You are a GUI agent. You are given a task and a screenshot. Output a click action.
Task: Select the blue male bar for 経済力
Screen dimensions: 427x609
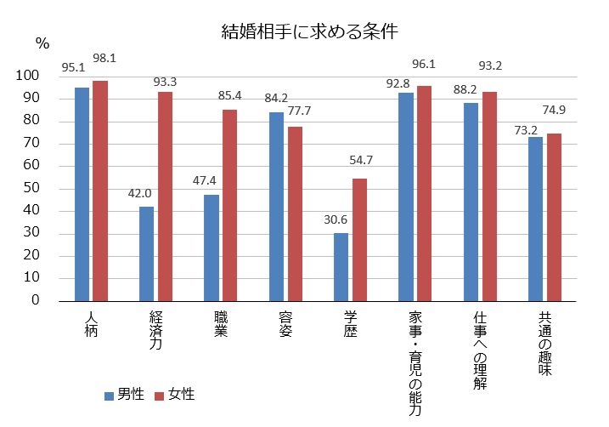[x=145, y=253]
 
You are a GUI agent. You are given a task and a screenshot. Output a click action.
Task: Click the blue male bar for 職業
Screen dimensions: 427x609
[x=211, y=248]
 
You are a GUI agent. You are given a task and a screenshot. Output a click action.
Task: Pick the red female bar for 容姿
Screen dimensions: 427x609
[x=294, y=213]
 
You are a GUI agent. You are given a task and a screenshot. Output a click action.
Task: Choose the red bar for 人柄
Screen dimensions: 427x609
[x=100, y=191]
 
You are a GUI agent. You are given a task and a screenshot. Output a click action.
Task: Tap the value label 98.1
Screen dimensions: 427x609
[x=105, y=57]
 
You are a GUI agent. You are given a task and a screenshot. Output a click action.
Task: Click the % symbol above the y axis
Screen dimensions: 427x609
[x=42, y=41]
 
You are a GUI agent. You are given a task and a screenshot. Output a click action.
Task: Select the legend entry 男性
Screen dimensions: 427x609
[x=124, y=395]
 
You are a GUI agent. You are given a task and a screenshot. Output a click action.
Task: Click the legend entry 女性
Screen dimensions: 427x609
[x=175, y=395]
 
